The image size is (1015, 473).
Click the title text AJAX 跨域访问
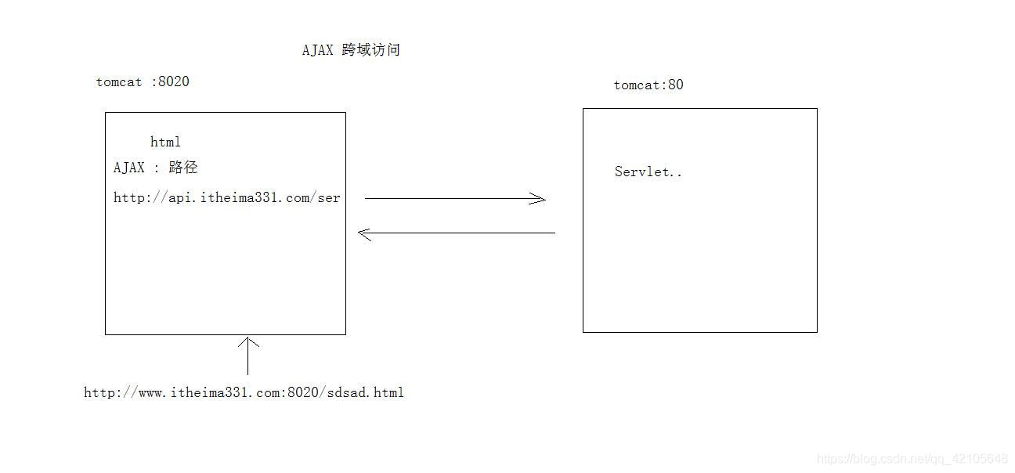point(351,50)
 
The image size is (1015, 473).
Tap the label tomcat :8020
point(143,81)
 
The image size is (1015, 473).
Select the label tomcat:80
point(648,85)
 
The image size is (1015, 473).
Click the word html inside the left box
point(165,142)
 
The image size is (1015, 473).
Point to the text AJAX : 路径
point(155,168)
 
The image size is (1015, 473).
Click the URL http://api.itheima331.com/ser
point(227,198)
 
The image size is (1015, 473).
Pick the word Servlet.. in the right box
point(648,172)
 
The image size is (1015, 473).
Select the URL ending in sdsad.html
point(244,392)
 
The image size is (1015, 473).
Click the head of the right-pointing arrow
point(540,199)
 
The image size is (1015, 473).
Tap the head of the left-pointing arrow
point(363,233)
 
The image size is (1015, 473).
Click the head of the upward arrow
point(248,341)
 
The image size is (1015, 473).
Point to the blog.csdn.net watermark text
point(912,458)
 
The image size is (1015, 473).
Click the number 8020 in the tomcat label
point(174,81)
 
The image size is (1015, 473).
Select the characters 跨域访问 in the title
point(371,50)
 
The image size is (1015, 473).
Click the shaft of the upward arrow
point(248,360)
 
